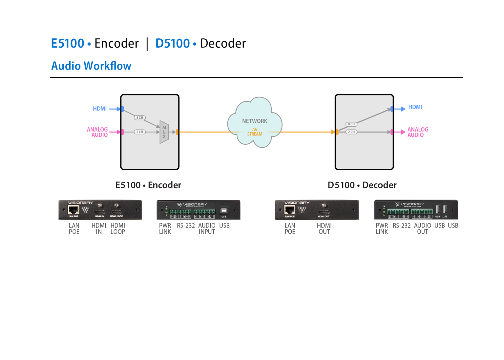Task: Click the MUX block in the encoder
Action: [x=164, y=132]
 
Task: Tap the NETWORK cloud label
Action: [x=255, y=121]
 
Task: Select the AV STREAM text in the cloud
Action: [x=255, y=132]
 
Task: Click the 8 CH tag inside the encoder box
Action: [x=140, y=117]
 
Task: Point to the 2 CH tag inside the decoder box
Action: [x=351, y=132]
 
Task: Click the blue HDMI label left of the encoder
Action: [x=100, y=109]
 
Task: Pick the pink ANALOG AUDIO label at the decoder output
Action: [x=418, y=132]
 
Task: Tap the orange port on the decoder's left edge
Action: [x=337, y=132]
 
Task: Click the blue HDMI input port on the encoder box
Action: [x=122, y=109]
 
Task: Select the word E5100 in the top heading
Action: [x=68, y=43]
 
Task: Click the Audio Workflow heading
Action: [x=91, y=66]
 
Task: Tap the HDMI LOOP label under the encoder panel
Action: [x=118, y=228]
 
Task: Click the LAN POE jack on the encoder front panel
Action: [x=73, y=209]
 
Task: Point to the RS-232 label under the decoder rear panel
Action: [x=402, y=226]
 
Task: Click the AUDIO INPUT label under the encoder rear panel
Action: [x=207, y=228]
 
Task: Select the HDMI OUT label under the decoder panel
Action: [x=324, y=228]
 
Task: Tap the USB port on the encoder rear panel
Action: [x=224, y=210]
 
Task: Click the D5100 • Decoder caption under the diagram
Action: [x=362, y=185]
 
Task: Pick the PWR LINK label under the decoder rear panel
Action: [x=382, y=228]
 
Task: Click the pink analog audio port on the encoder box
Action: [x=122, y=132]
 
